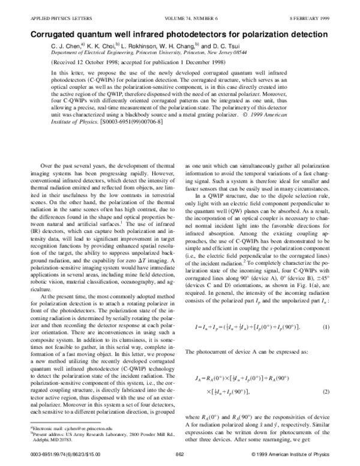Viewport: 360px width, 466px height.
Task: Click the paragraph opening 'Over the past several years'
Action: [x=108, y=165]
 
